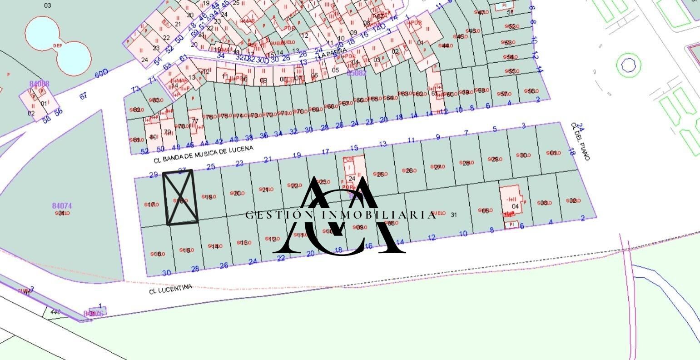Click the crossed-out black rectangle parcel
click(x=181, y=197)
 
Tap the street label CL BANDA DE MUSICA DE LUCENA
click(x=203, y=154)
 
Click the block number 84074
click(x=62, y=206)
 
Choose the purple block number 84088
click(x=39, y=84)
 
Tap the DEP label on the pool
click(x=57, y=45)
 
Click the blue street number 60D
click(x=102, y=73)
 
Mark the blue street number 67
click(x=83, y=96)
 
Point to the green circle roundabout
click(x=628, y=65)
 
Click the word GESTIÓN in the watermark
click(x=273, y=215)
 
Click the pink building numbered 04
click(x=513, y=202)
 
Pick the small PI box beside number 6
click(x=511, y=224)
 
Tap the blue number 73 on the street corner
click(x=135, y=89)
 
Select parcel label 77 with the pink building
click(x=195, y=121)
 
